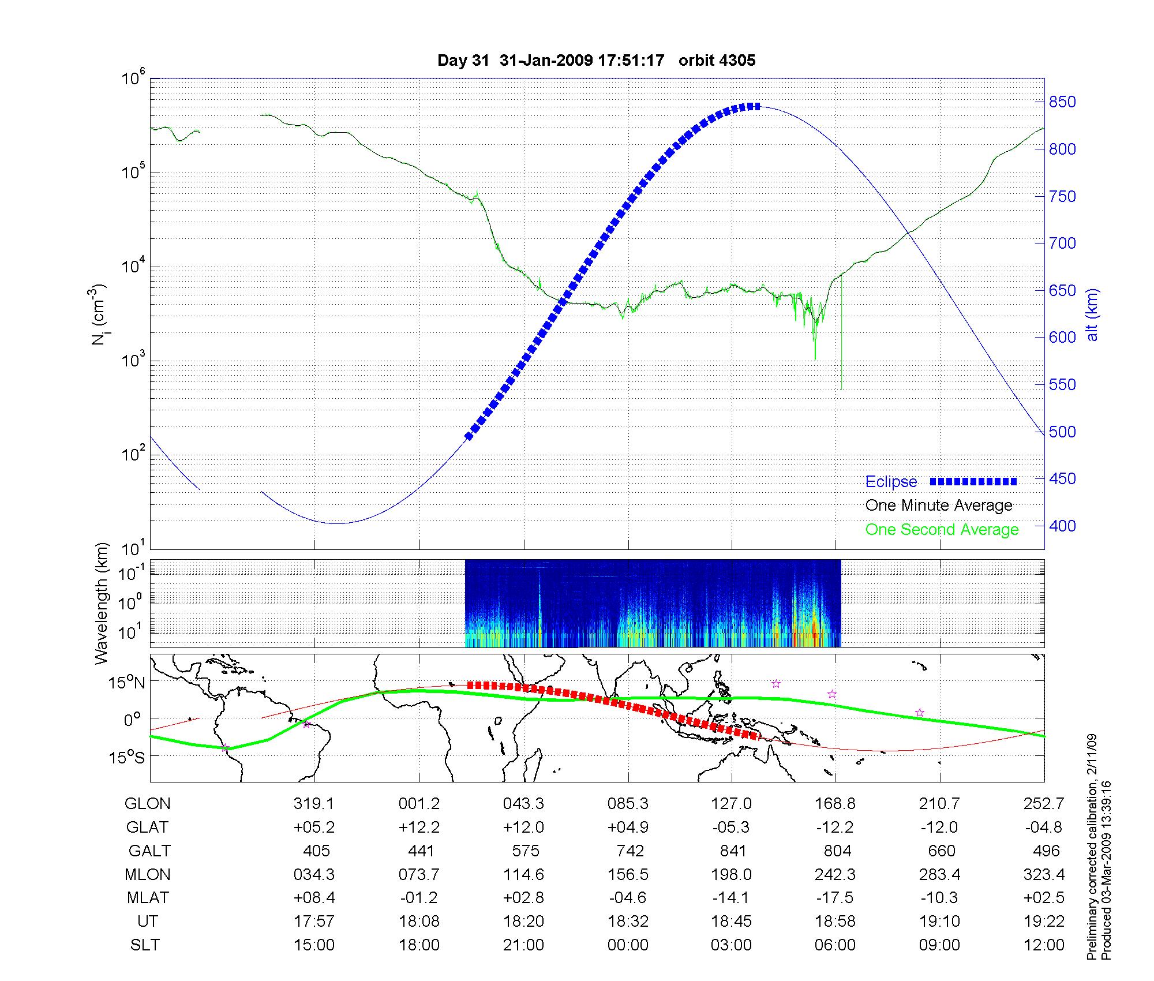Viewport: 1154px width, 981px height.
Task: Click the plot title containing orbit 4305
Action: click(596, 61)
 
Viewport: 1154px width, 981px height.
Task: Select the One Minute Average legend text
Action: click(939, 506)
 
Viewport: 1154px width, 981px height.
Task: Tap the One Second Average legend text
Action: click(942, 530)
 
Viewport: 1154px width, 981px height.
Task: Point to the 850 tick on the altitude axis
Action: click(1062, 102)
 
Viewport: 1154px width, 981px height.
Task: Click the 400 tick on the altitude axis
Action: click(1062, 526)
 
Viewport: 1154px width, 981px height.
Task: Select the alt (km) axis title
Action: click(1092, 314)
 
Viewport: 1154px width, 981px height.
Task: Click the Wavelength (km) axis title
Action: click(103, 603)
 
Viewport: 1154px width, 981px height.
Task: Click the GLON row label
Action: click(148, 804)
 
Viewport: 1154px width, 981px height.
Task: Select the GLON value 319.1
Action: click(314, 804)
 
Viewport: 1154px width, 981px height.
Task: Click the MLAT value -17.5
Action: click(835, 898)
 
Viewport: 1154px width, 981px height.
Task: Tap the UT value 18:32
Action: click(628, 922)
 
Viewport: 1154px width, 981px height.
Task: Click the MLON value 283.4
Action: click(939, 875)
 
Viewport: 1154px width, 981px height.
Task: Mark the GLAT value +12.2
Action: click(419, 828)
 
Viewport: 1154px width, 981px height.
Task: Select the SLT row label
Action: click(145, 945)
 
